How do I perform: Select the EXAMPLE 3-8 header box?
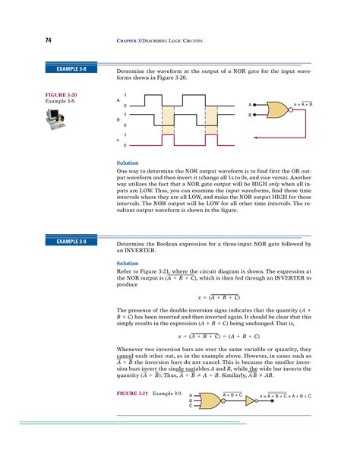coord(73,69)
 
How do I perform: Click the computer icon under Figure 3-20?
coord(57,117)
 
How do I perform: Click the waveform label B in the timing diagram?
coord(118,119)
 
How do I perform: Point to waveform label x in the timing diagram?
coord(118,139)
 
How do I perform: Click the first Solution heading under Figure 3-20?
coord(127,163)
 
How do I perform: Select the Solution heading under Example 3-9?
coord(127,264)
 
